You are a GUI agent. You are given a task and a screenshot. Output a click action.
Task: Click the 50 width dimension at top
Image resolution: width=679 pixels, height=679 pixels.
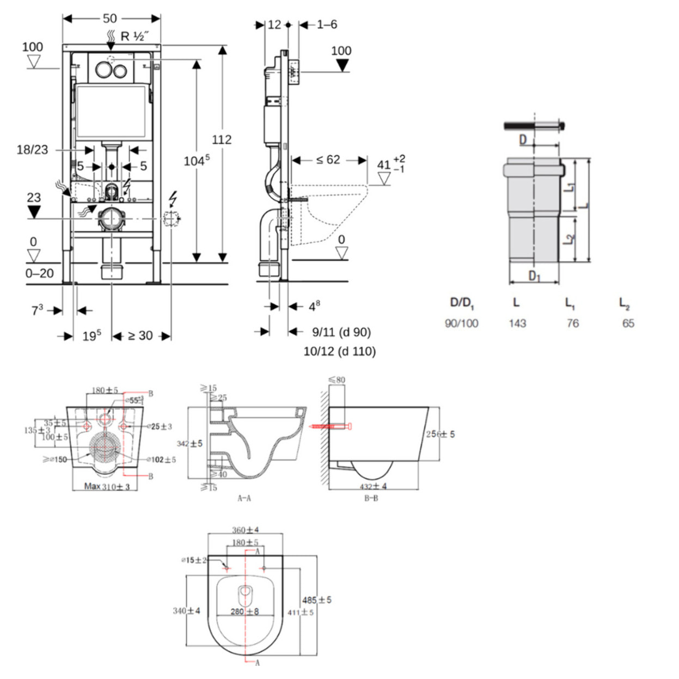[x=110, y=19]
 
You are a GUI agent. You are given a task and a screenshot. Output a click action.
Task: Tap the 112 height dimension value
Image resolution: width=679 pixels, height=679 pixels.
[x=222, y=139]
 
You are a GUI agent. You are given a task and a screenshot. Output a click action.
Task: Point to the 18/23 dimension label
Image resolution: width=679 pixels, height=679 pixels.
[x=32, y=150]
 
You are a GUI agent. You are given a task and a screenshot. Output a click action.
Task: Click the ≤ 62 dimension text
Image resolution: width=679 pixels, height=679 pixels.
[x=328, y=160]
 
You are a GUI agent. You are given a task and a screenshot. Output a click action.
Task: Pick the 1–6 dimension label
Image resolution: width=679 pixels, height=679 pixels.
[x=327, y=25]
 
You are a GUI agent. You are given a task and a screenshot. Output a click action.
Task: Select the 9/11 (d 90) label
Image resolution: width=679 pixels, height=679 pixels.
[x=341, y=332]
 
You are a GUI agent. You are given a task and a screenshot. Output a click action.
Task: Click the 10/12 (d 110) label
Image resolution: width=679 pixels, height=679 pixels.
[x=340, y=351]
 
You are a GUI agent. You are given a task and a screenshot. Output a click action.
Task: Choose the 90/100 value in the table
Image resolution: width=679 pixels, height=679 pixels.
[x=461, y=323]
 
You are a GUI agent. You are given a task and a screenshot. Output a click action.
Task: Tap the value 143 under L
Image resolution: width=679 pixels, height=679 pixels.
[x=517, y=323]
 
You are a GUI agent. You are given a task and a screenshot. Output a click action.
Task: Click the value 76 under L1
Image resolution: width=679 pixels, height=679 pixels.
[x=572, y=323]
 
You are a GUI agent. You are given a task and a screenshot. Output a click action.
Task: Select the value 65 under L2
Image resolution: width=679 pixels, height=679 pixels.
[x=628, y=323]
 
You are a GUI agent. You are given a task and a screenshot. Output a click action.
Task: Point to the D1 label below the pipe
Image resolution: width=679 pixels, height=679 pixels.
[x=535, y=276]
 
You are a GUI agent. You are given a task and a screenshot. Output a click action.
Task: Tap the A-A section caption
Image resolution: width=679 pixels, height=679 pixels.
[x=244, y=498]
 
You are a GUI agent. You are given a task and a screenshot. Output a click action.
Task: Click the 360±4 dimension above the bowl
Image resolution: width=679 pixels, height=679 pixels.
[x=246, y=530]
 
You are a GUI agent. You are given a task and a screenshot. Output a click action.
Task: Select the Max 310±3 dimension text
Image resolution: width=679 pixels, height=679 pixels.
[x=107, y=486]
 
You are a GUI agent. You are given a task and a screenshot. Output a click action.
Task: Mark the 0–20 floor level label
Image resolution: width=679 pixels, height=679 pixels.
[x=39, y=273]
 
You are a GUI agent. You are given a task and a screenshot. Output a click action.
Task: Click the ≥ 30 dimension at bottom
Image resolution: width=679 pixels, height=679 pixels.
[x=140, y=336]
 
